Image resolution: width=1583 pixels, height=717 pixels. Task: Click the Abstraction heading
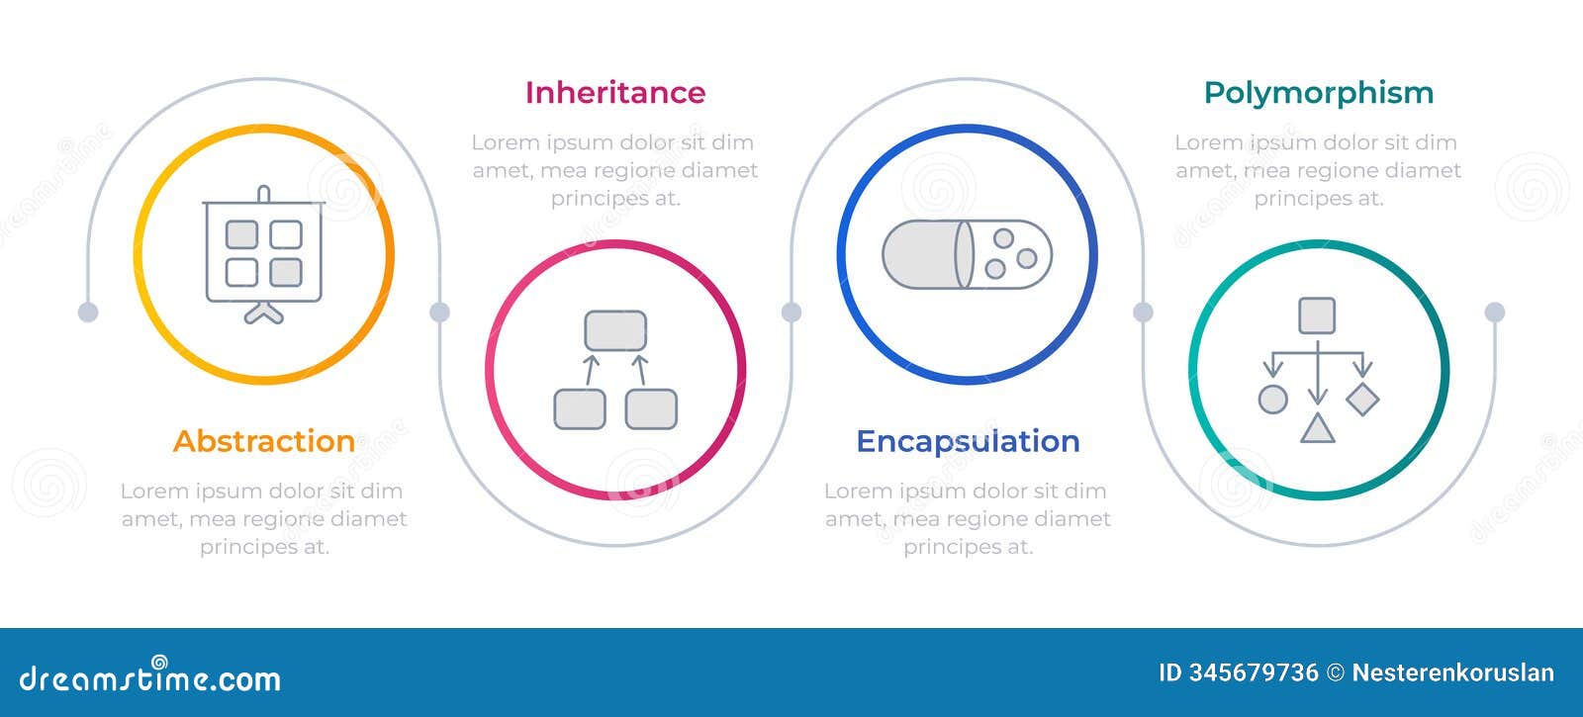tap(264, 441)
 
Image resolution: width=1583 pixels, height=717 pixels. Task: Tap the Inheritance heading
tap(614, 93)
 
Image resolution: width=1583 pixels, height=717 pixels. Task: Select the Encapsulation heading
tap(967, 441)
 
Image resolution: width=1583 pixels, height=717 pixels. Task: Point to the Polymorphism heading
tap(1318, 93)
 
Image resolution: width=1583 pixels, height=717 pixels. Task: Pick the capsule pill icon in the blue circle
tap(967, 254)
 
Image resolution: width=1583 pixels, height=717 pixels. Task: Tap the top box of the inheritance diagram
tap(615, 330)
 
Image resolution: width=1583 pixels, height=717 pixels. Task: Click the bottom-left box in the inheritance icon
tap(580, 408)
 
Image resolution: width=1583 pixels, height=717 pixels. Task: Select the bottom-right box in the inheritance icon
tap(651, 408)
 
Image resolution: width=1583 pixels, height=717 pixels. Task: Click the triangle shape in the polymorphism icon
tap(1317, 428)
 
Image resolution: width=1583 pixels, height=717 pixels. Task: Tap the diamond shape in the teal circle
tap(1362, 399)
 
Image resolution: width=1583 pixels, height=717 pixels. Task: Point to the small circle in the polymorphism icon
tap(1272, 400)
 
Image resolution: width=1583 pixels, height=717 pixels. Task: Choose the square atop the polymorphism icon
tap(1317, 316)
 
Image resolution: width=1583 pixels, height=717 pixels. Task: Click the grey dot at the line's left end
tap(88, 313)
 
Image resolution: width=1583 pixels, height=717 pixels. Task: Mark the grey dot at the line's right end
tap(1494, 313)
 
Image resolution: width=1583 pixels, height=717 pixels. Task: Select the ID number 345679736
tap(1254, 673)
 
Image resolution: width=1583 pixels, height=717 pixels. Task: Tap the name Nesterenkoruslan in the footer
tap(1452, 673)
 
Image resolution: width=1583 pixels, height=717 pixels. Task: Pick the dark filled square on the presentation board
tap(286, 272)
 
